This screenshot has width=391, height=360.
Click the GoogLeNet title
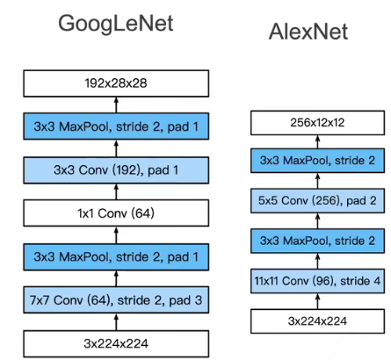[116, 25]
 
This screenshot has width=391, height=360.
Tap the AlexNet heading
[308, 32]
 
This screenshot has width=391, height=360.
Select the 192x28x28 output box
[116, 83]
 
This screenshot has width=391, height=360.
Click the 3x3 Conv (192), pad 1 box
[116, 170]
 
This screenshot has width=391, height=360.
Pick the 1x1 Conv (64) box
[116, 213]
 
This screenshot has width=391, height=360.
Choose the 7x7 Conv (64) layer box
[116, 300]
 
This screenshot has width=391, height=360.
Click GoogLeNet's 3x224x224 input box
[116, 343]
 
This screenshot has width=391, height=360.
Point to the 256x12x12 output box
[317, 123]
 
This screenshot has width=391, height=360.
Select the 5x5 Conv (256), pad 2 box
[317, 200]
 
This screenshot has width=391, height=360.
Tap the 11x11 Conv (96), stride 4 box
[317, 281]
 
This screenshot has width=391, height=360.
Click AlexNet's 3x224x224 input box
[317, 321]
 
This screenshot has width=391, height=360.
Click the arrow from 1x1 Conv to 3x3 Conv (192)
[116, 191]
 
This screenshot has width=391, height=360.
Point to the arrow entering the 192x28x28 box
[116, 104]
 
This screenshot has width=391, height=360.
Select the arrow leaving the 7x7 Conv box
[116, 278]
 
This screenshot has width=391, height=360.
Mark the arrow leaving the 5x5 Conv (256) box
[318, 180]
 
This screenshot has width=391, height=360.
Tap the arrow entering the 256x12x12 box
[318, 142]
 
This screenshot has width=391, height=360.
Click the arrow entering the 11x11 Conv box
[318, 301]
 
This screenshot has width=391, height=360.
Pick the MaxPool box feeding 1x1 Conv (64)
[116, 256]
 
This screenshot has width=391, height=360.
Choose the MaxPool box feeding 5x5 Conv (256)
[317, 241]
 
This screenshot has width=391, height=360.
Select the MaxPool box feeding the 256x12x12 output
[317, 161]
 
